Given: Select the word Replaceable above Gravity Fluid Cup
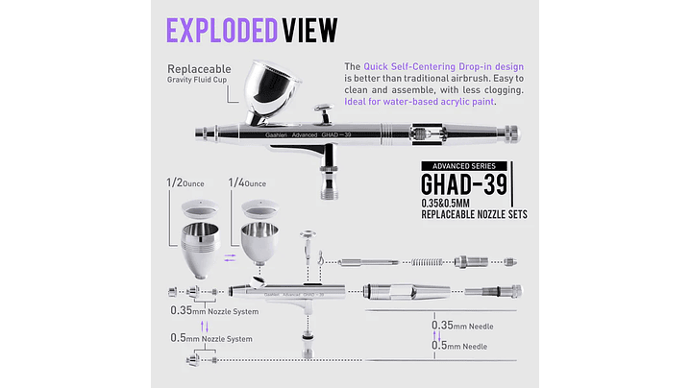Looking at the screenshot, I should [x=200, y=70].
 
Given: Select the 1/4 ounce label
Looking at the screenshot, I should [x=247, y=182].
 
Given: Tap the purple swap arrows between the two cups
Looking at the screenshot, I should [x=229, y=256].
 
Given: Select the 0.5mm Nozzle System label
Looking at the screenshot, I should [x=211, y=338].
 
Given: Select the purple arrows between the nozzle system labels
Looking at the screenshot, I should [x=204, y=326].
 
